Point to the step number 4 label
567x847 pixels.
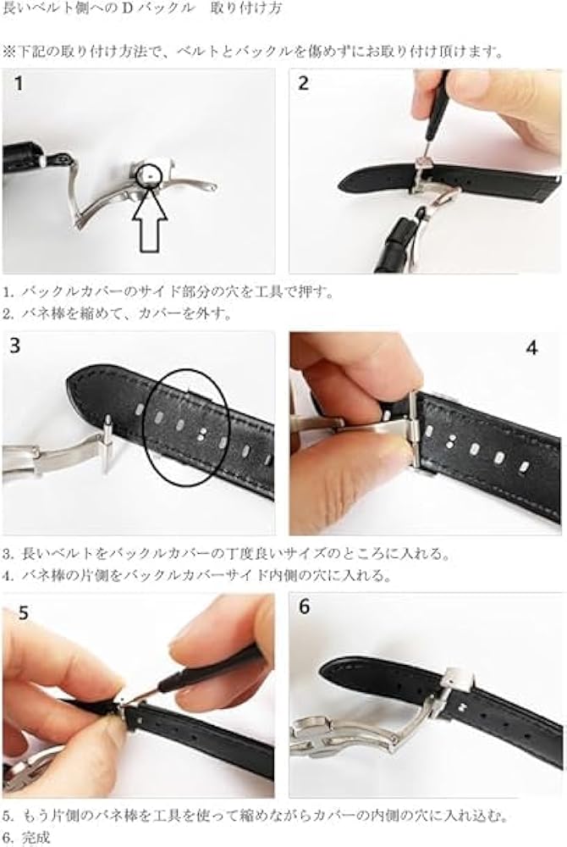(531, 348)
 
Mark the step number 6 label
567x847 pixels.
(305, 607)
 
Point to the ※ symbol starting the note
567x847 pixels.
(8, 52)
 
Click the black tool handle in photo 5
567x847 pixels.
(212, 669)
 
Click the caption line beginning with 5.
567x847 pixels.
(254, 817)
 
